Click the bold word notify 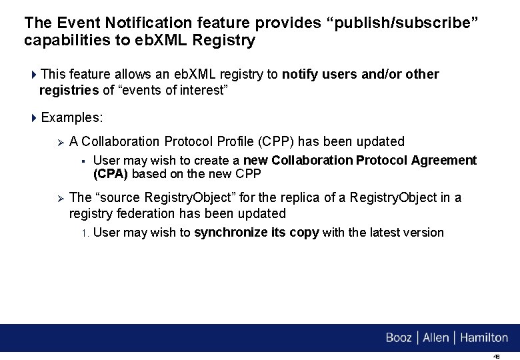tap(300, 74)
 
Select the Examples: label tap(72, 118)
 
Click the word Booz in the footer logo tap(399, 338)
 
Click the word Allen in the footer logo tap(436, 338)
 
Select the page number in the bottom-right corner tap(496, 356)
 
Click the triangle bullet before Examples tap(34, 118)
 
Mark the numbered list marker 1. tap(85, 233)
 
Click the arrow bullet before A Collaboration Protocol tap(59, 141)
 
